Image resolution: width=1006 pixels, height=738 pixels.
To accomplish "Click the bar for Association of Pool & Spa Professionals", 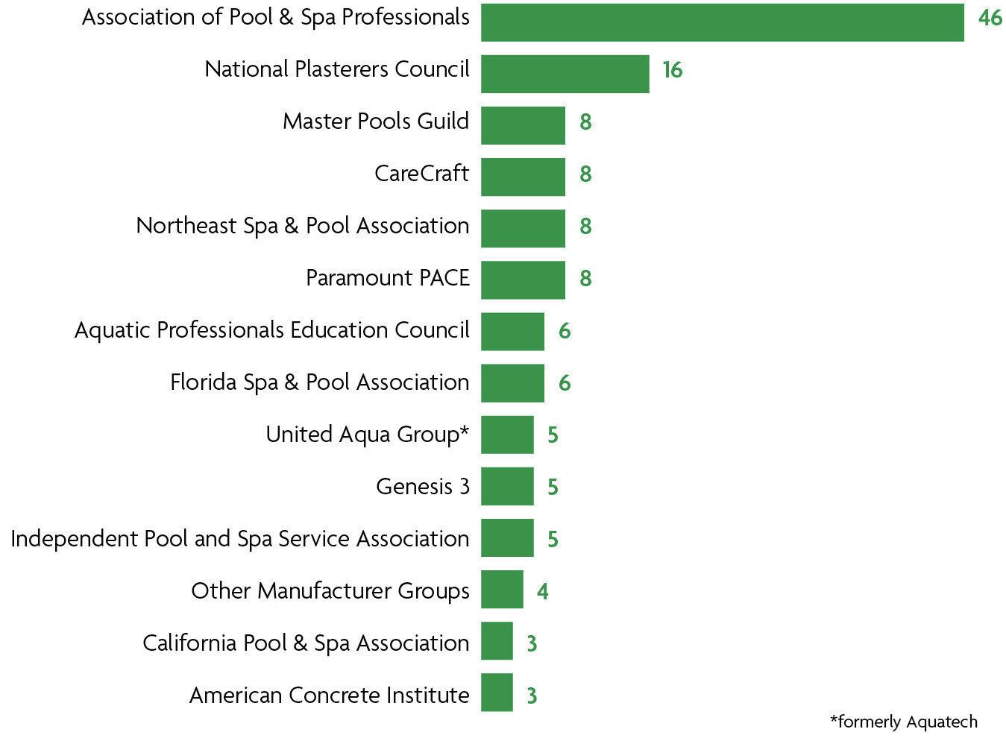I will point(722,22).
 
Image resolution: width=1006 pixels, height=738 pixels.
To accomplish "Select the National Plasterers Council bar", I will point(565,74).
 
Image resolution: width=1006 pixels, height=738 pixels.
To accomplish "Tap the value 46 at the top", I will point(990,17).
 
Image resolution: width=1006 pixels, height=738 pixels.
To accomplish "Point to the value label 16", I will point(672,70).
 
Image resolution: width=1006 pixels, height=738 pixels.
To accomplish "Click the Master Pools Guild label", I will point(376,122).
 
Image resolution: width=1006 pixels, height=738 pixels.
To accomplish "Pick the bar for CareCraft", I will point(523,177).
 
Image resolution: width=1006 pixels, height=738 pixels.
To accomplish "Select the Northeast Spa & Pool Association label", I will point(303,226).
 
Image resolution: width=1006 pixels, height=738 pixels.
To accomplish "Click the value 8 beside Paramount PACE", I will point(585,279).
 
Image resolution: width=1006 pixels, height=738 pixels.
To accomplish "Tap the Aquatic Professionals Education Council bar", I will point(512,331).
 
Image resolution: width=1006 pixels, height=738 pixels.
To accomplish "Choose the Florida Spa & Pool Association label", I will point(320,382).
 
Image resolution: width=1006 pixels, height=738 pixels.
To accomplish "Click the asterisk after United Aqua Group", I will point(465,431).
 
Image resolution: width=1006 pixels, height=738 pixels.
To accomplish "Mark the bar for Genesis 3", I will point(507,486).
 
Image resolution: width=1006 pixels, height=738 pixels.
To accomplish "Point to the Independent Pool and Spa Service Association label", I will point(240,539).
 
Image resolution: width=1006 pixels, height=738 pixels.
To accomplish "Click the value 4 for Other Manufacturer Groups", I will point(542,592).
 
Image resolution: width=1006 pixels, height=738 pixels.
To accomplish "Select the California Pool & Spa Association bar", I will point(497,641).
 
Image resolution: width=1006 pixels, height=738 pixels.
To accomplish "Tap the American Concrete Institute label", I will point(330,696).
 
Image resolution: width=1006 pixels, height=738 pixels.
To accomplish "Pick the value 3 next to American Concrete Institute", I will point(532,696).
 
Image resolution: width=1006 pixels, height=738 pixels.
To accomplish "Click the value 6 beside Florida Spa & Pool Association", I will point(565,383).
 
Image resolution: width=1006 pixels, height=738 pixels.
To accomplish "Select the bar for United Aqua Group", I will point(507,435).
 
